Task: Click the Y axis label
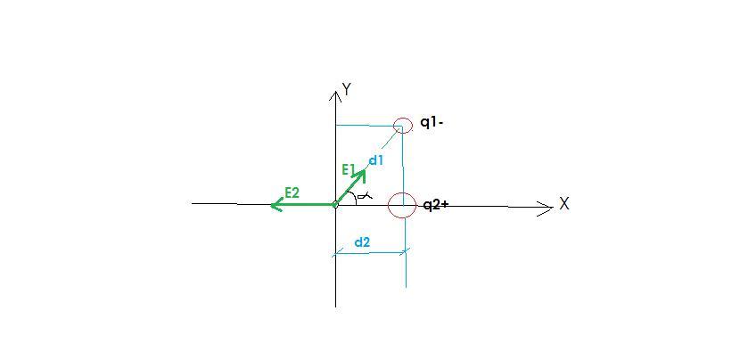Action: click(347, 89)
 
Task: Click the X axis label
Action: click(564, 204)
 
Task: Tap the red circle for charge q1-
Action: click(403, 126)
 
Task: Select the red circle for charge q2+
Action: click(403, 205)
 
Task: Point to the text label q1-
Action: click(432, 123)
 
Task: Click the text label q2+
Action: click(435, 205)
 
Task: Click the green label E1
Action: click(349, 168)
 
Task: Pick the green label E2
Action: click(292, 192)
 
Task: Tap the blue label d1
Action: click(375, 160)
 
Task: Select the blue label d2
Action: click(362, 241)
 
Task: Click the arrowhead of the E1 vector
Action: click(361, 174)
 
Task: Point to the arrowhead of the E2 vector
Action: click(275, 205)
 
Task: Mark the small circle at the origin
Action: click(335, 205)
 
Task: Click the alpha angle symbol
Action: click(365, 196)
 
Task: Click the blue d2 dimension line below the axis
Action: click(370, 252)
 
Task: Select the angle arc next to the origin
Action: click(355, 197)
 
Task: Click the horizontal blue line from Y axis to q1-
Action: click(366, 126)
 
